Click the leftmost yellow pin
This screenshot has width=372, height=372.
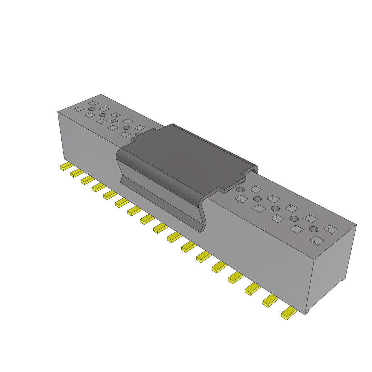(66, 166)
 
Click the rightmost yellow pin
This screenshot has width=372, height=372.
(288, 313)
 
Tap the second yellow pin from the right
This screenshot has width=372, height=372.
(270, 300)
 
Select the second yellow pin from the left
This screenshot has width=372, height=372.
(76, 173)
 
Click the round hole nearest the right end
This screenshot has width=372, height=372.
(313, 229)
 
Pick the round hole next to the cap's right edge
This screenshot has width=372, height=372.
(240, 190)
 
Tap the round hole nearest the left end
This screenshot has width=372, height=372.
(91, 109)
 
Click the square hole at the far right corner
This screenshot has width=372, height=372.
(330, 229)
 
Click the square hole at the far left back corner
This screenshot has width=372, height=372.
(93, 104)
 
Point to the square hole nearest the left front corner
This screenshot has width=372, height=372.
(79, 109)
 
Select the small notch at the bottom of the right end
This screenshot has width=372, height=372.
(342, 280)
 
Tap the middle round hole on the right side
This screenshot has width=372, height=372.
(275, 208)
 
